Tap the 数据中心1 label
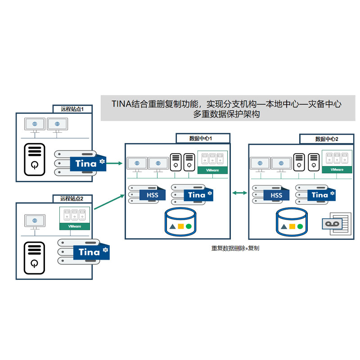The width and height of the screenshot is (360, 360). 202,138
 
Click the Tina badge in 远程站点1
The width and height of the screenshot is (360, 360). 86,163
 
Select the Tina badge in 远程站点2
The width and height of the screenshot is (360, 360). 90,252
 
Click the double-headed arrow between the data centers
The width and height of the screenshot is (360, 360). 239,193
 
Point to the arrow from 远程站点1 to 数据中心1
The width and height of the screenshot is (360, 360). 110,163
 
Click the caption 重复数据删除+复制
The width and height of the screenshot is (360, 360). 235,248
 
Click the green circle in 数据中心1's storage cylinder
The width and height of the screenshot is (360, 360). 189,226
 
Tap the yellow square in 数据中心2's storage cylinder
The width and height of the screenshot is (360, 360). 292,226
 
